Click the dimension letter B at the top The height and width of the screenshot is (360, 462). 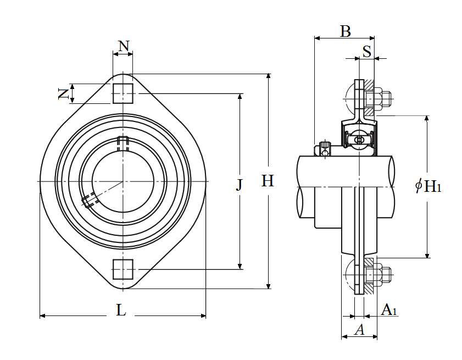346,31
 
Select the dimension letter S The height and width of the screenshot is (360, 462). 367,52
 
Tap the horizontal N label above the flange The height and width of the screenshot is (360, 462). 124,46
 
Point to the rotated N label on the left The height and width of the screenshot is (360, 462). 63,94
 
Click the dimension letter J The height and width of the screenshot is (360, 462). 240,185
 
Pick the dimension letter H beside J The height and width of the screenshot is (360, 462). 268,181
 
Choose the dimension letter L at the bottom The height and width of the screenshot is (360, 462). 121,310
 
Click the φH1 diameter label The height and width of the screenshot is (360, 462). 428,186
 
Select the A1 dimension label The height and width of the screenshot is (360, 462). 389,310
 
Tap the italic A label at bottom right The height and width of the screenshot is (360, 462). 359,329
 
